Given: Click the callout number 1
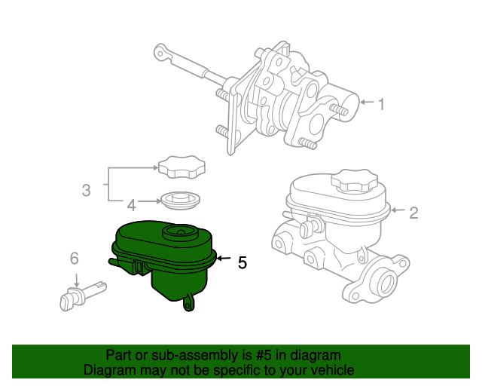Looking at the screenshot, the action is tap(382, 104).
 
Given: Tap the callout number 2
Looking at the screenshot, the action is tap(413, 213).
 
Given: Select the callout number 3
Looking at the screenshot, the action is tap(87, 190).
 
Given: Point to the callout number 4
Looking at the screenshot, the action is tap(132, 205).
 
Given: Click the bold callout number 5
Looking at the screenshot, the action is tap(243, 262).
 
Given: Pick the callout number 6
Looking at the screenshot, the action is tap(75, 258).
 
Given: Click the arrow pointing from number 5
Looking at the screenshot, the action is tap(224, 259).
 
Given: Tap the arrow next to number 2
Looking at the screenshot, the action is tap(398, 210).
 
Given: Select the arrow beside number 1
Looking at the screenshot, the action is tap(367, 102).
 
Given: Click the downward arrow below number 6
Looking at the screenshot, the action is tap(77, 280).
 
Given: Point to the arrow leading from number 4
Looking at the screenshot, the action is tap(150, 201).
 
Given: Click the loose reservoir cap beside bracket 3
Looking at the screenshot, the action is tap(182, 167).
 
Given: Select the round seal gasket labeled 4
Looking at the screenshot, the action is tap(181, 201).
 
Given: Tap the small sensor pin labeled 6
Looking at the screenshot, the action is tap(83, 296).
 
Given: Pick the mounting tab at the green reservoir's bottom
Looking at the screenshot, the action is tap(188, 302).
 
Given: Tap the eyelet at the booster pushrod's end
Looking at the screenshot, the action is tap(160, 53).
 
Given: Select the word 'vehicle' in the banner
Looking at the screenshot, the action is tap(336, 369).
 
